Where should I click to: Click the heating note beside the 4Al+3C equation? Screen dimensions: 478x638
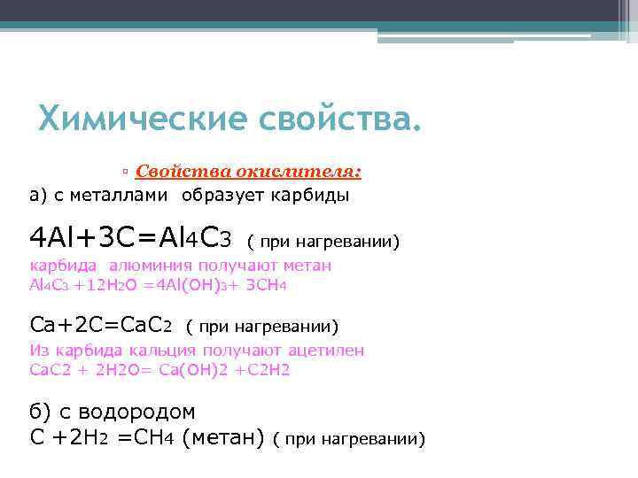pyautogui.click(x=323, y=240)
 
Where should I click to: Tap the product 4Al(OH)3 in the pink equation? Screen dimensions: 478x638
pyautogui.click(x=187, y=285)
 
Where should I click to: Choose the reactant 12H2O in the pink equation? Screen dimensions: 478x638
pyautogui.click(x=103, y=285)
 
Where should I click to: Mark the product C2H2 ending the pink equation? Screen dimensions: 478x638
pyautogui.click(x=269, y=369)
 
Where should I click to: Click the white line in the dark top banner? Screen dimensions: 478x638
pyautogui.click(x=484, y=36)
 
